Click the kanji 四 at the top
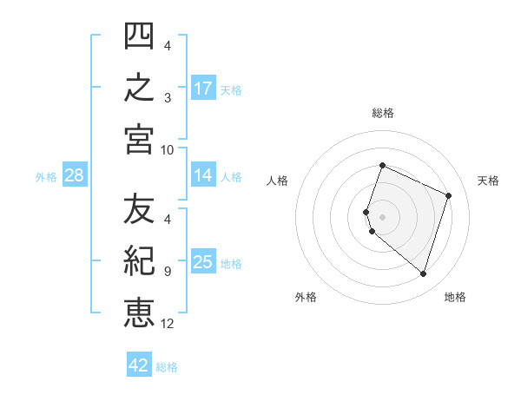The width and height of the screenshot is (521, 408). click(x=139, y=36)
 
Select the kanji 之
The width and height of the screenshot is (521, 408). click(x=139, y=87)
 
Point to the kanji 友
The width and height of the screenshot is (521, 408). click(x=139, y=208)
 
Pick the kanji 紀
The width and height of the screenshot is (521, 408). click(x=139, y=260)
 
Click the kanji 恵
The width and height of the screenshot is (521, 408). click(x=139, y=313)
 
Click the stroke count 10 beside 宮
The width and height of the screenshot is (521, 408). click(x=167, y=150)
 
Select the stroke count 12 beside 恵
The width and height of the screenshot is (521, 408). click(x=167, y=324)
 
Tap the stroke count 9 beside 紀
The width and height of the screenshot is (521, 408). click(x=168, y=272)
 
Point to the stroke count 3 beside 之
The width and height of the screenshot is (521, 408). click(x=168, y=98)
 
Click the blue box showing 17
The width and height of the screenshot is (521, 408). click(x=203, y=88)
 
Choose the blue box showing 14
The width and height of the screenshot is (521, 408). click(x=203, y=174)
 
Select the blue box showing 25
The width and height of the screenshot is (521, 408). click(x=203, y=260)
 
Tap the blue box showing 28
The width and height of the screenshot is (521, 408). click(x=75, y=174)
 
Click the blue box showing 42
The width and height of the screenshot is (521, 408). click(x=139, y=364)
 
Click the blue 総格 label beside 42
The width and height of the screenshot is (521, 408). click(x=167, y=367)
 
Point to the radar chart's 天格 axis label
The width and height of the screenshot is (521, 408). click(x=488, y=181)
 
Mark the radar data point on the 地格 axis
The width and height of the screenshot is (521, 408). click(x=423, y=274)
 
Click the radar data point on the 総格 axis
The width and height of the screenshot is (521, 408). click(x=382, y=165)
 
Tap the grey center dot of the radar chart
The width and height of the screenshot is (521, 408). click(x=382, y=217)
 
